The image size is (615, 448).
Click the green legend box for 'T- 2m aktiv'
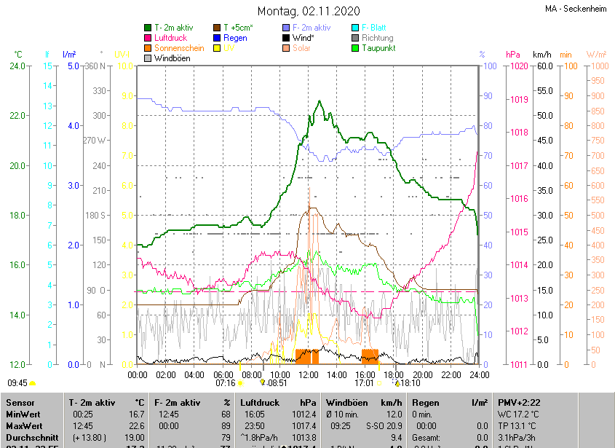pyautogui.click(x=148, y=28)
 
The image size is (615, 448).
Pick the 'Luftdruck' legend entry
pyautogui.click(x=170, y=38)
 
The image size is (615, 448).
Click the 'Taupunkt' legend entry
pyautogui.click(x=378, y=48)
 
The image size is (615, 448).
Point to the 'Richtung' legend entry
pyautogui.click(x=377, y=38)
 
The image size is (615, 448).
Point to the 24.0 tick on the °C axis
pyautogui.click(x=16, y=66)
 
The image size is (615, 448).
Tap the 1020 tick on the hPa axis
pyautogui.click(x=519, y=66)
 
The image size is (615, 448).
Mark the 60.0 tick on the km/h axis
pyautogui.click(x=543, y=66)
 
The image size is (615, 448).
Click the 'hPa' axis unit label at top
pyautogui.click(x=512, y=55)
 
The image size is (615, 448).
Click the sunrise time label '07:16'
pyautogui.click(x=226, y=382)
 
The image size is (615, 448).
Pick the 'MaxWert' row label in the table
pyautogui.click(x=23, y=426)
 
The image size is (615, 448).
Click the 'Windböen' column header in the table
pyautogui.click(x=345, y=402)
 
